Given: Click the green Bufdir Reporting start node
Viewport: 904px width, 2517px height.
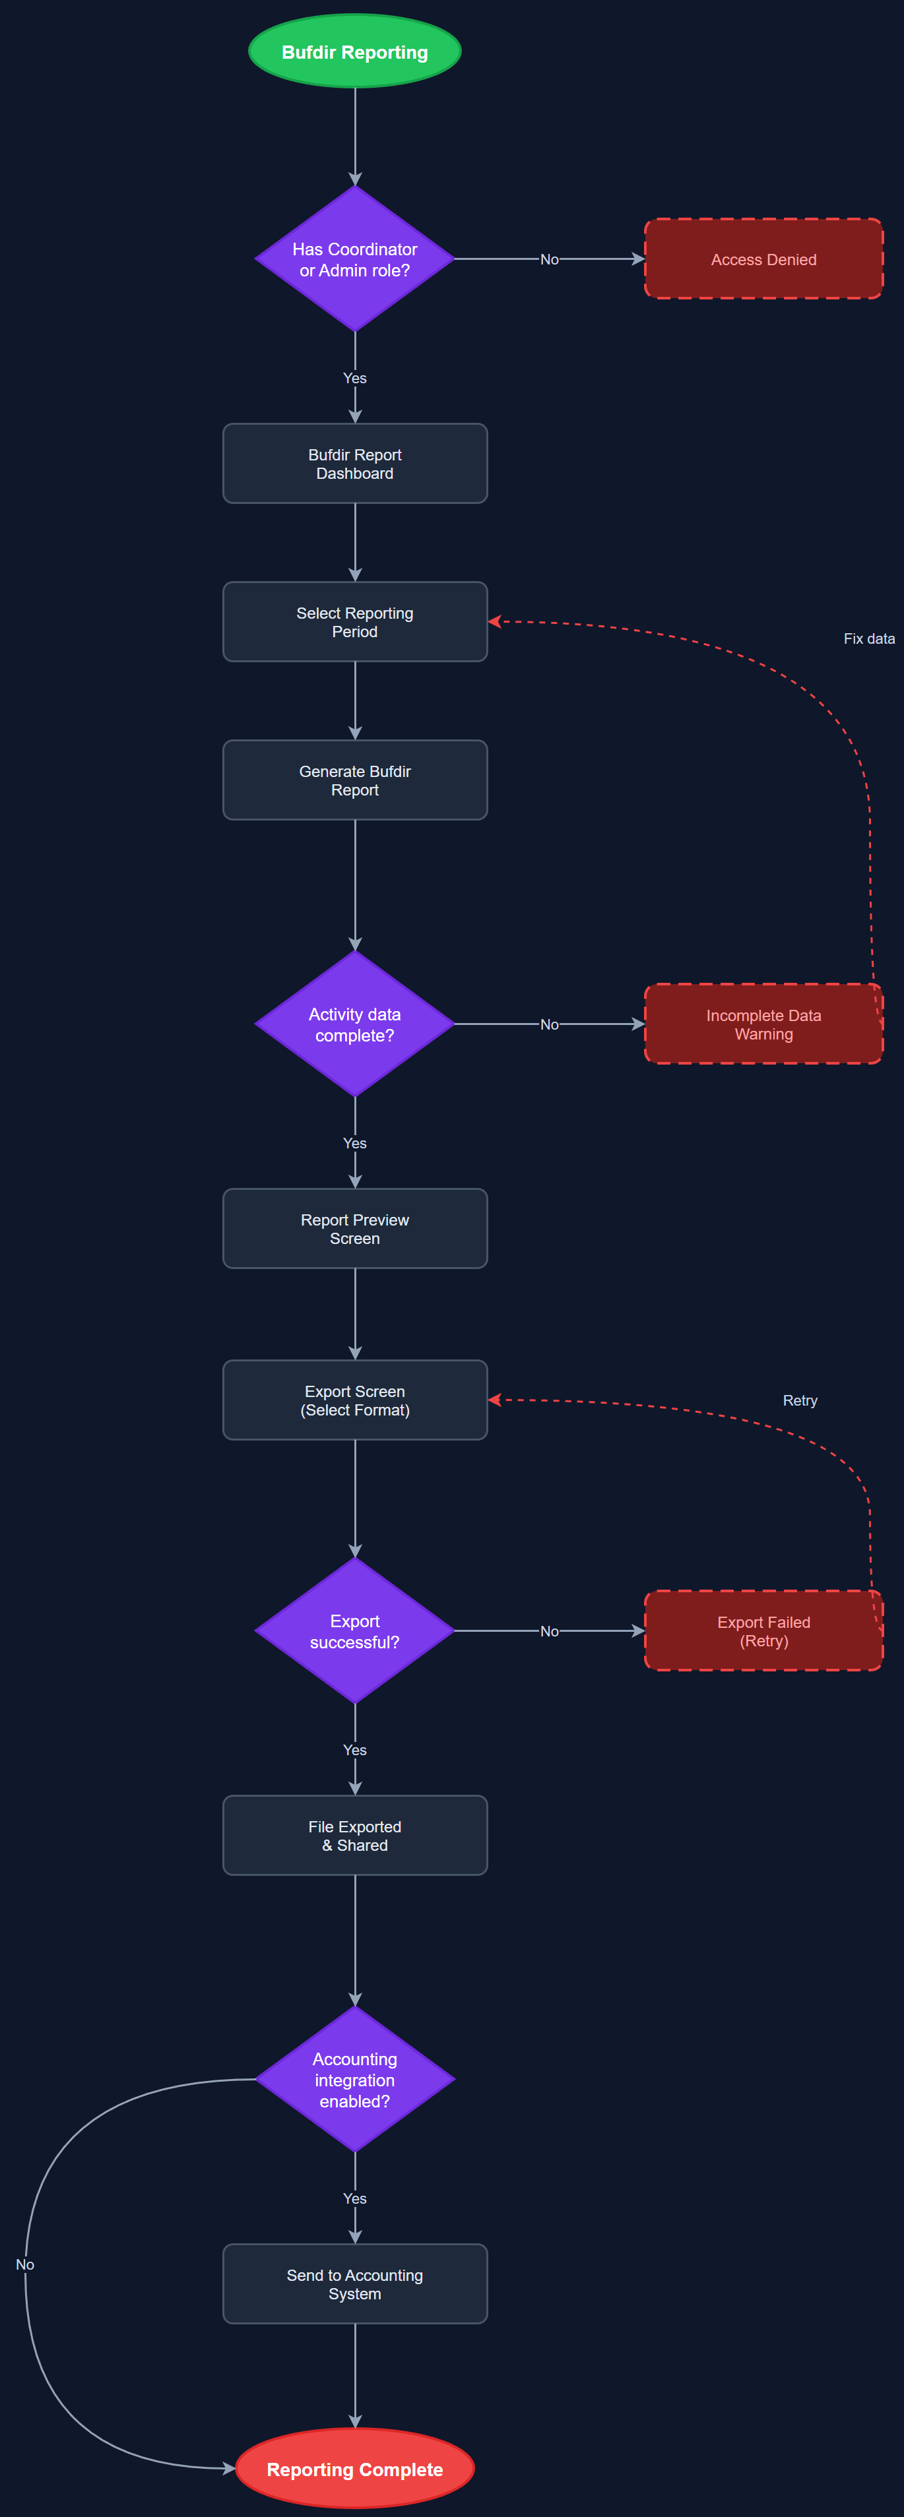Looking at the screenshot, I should click(x=355, y=52).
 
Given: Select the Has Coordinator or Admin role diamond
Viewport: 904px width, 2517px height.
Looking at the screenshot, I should click(x=355, y=259).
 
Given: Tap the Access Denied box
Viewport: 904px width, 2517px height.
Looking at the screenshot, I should click(x=763, y=259).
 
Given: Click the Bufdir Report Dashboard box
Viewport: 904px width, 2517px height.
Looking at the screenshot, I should click(x=355, y=463).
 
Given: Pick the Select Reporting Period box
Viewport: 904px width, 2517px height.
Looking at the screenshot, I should click(x=355, y=621).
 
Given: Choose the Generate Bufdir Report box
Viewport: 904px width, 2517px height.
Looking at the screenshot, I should click(x=355, y=780).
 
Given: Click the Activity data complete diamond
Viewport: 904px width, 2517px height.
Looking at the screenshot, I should click(x=355, y=1024).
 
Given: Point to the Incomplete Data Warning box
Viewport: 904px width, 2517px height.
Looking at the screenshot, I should click(x=763, y=1024).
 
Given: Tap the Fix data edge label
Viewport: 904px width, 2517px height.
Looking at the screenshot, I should click(x=869, y=638).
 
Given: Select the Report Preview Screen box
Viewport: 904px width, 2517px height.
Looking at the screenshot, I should click(x=355, y=1228).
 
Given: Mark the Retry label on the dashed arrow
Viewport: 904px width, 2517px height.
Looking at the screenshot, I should click(x=800, y=1400).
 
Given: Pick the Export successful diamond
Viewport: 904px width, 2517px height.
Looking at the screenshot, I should click(x=355, y=1631).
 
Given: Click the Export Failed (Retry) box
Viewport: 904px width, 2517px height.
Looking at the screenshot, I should click(x=763, y=1631).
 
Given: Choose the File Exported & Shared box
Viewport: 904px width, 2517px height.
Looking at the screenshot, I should click(x=355, y=1835).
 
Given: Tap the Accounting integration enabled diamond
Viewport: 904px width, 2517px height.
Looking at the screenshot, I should click(x=355, y=2079).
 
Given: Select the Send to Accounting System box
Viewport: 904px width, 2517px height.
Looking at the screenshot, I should click(x=355, y=2284).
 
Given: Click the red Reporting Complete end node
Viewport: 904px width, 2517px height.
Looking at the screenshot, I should click(x=355, y=2469).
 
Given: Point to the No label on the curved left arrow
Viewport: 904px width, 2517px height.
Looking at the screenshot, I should click(x=26, y=2264).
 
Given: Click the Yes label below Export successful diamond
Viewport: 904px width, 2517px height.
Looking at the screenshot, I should click(x=355, y=1749).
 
